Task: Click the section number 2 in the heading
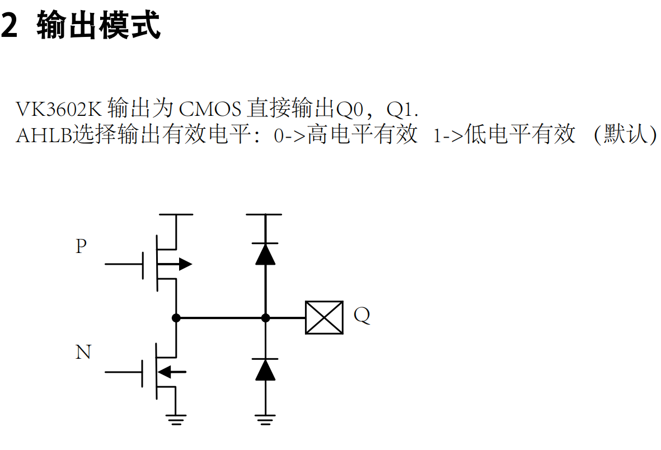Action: click(x=9, y=26)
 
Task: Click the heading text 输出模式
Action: click(x=99, y=26)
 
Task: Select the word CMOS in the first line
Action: click(x=210, y=108)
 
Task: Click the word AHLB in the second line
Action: click(x=44, y=135)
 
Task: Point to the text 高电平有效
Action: click(x=362, y=135)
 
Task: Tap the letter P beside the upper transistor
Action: click(x=81, y=246)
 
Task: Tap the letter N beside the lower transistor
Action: click(x=83, y=353)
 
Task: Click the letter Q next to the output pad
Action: click(x=362, y=316)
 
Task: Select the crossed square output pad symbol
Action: click(x=324, y=317)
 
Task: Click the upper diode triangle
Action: click(x=265, y=254)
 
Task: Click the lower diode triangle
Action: click(x=265, y=369)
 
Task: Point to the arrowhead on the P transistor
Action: click(x=185, y=264)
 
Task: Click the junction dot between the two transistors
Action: click(x=176, y=318)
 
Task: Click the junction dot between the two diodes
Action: click(x=265, y=318)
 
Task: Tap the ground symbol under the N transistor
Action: click(x=176, y=419)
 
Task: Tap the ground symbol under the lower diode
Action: click(x=265, y=419)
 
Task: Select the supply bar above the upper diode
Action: click(x=265, y=214)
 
